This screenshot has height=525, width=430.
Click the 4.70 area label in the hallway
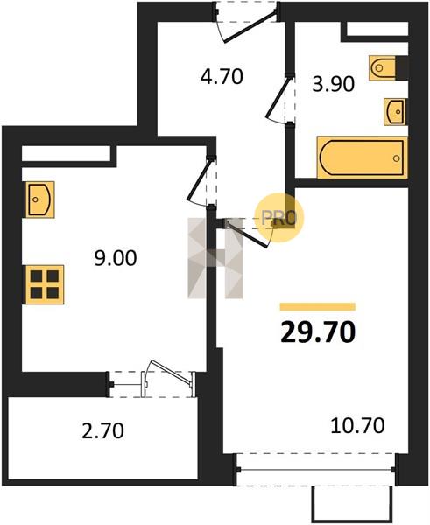point(222,77)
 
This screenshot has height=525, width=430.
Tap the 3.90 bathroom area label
point(333,84)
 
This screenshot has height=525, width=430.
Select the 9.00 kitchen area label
point(116,258)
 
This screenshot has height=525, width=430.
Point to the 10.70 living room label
point(357,426)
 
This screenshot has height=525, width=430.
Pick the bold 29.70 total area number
point(318,332)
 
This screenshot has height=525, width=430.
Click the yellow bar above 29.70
point(318,307)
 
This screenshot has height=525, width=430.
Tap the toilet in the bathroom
point(383,68)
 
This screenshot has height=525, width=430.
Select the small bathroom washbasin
point(394,112)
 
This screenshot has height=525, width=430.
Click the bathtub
point(363,157)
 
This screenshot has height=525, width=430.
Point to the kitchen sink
point(40,199)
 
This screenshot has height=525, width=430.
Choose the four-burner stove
point(45,284)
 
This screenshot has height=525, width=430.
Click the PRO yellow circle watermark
point(279,218)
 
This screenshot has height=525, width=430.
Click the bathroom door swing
point(279,100)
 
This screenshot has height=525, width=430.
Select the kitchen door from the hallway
point(201,181)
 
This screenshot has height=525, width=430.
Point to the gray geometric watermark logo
point(215,258)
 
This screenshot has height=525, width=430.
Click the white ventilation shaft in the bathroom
point(377,29)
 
